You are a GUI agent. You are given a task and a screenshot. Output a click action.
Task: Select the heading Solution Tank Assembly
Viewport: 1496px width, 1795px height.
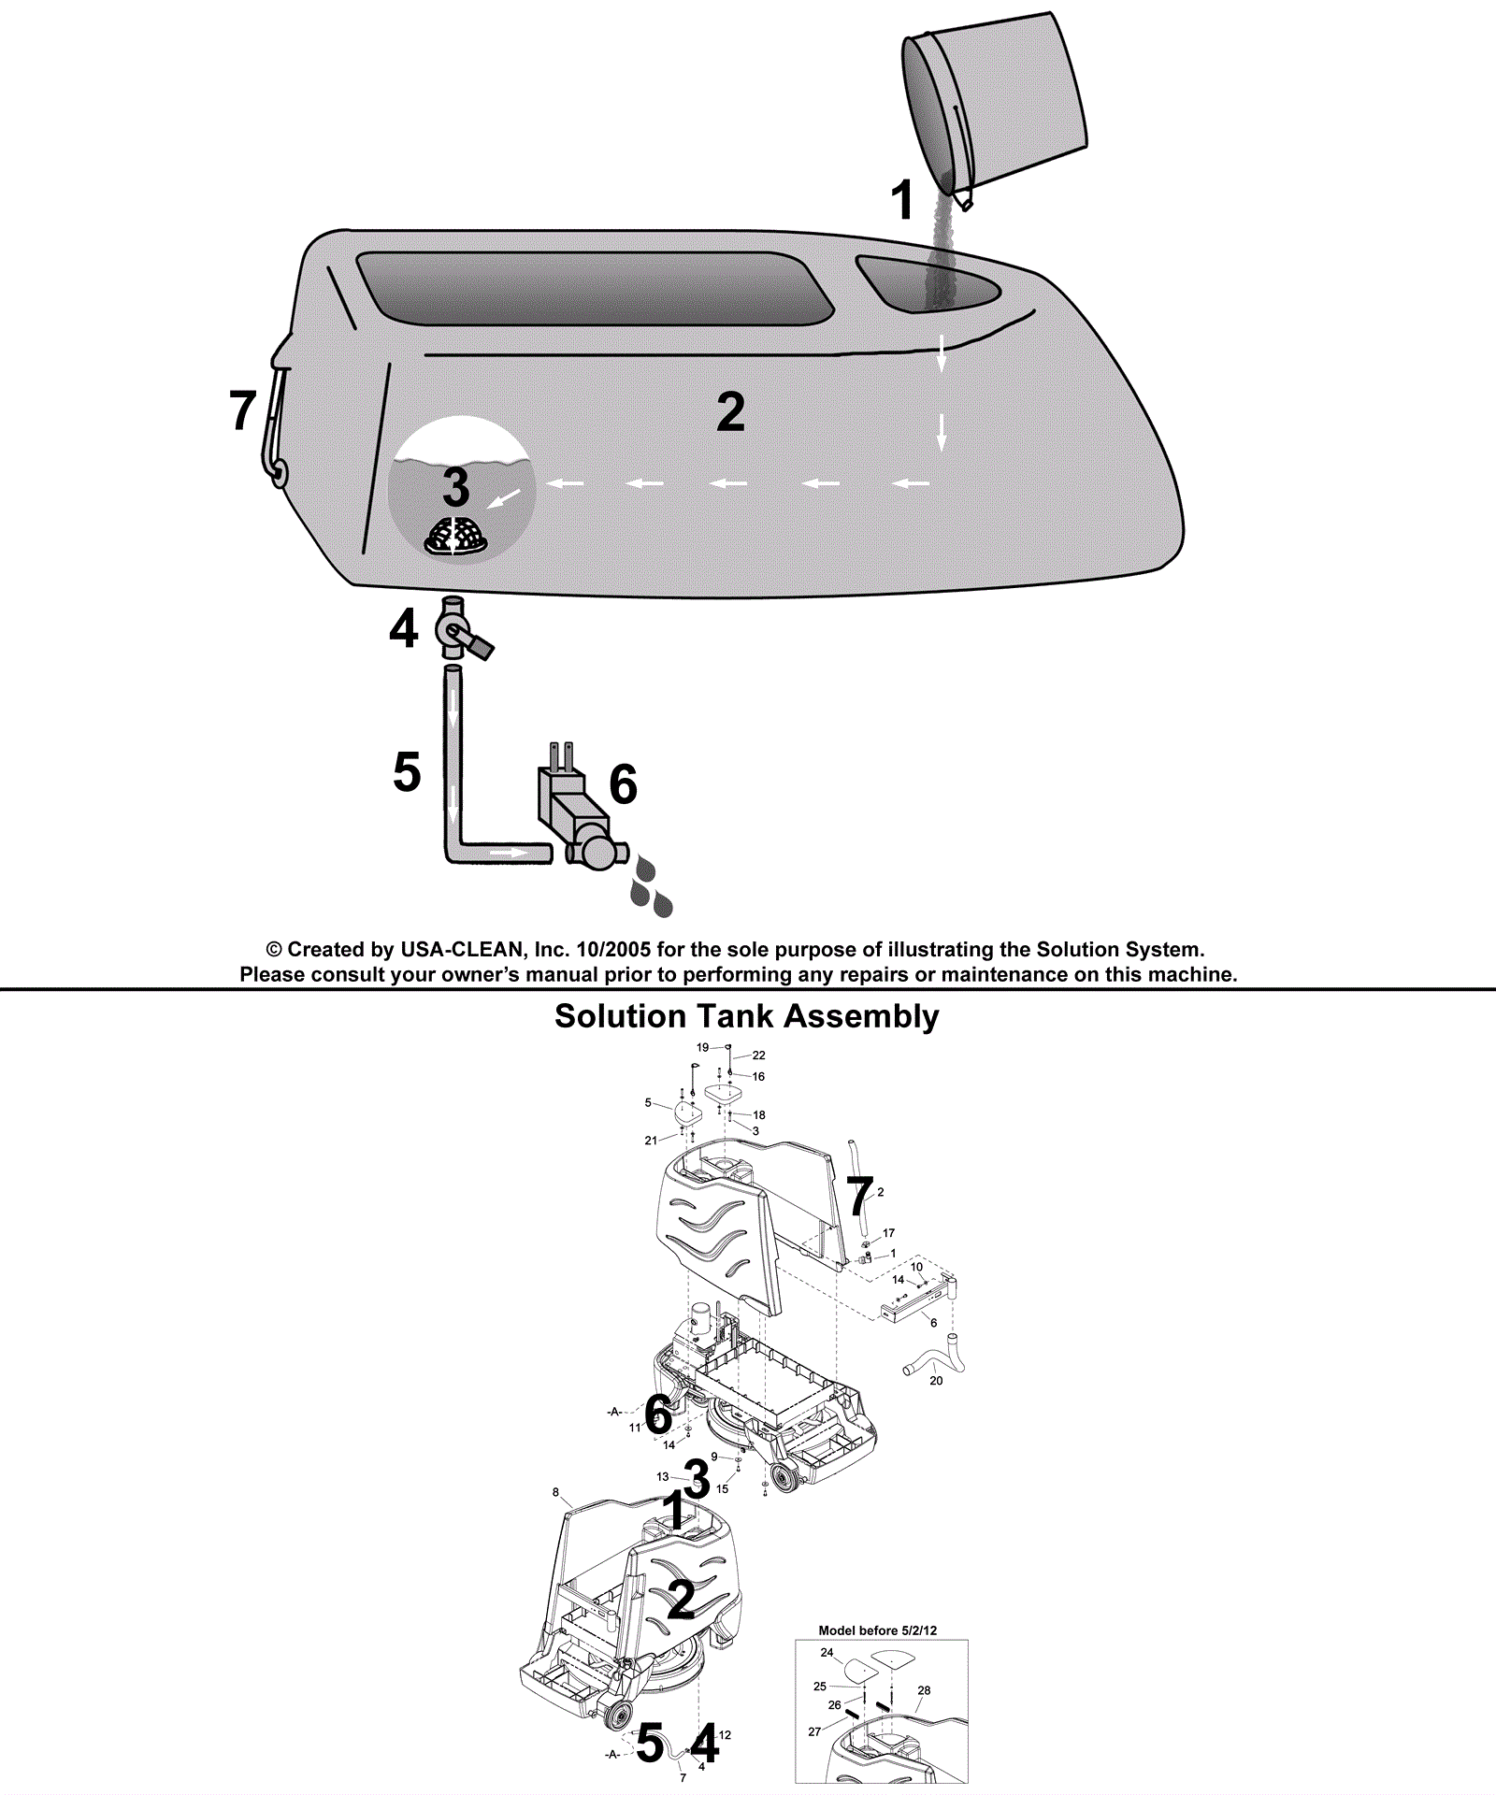tap(746, 1016)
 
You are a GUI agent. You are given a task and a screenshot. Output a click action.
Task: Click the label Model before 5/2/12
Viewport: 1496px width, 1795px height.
tap(877, 1630)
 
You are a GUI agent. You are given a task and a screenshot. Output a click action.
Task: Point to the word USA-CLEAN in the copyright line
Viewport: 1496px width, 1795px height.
tap(461, 950)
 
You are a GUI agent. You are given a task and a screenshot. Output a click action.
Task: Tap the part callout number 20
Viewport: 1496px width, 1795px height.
tap(936, 1381)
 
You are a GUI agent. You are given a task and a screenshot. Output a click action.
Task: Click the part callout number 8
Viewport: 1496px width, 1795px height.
tap(555, 1493)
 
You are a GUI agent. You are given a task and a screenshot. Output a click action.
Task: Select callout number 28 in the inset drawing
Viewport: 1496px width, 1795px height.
tap(924, 1690)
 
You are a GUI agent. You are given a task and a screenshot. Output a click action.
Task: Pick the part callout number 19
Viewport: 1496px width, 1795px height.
tap(702, 1047)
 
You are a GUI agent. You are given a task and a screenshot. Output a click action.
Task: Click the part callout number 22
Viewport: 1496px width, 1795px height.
tap(759, 1055)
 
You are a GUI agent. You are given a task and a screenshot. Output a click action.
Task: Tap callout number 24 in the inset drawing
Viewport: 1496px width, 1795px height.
tap(827, 1653)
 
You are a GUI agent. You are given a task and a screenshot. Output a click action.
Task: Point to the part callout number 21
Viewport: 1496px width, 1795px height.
tap(651, 1141)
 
